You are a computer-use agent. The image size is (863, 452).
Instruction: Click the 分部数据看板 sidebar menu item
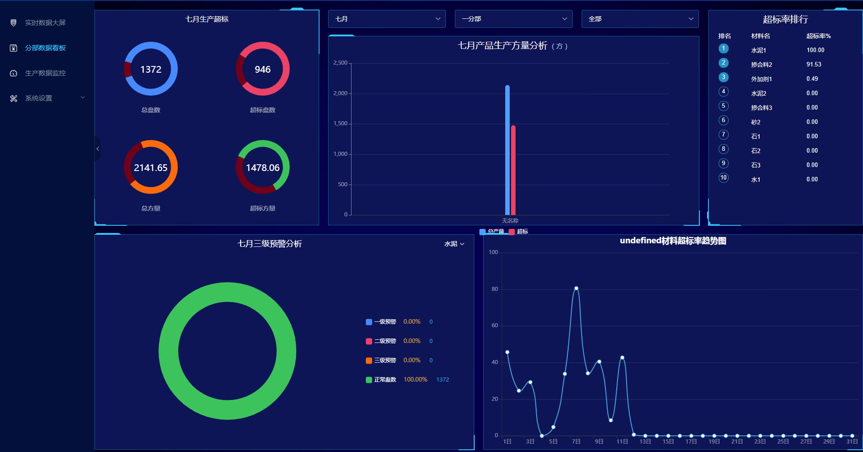pos(45,48)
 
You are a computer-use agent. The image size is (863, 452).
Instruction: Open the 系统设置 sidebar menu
pos(45,98)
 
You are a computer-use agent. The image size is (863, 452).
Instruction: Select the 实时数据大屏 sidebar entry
pos(45,23)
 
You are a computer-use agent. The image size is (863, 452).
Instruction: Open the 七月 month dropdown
pos(387,19)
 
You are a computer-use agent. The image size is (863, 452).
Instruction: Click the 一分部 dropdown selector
pos(513,19)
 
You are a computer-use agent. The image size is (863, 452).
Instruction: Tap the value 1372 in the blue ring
pos(151,70)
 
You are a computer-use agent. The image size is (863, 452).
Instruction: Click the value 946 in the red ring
pos(262,70)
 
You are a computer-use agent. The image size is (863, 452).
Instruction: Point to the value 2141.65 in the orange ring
pos(151,168)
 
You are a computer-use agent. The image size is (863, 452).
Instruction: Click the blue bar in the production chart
pos(507,150)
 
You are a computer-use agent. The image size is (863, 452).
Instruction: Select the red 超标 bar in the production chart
pos(513,171)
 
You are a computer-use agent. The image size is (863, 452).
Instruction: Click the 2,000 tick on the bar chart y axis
pos(340,93)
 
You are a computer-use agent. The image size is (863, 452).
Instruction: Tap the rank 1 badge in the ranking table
pos(723,48)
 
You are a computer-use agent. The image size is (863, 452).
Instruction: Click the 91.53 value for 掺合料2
pos(814,65)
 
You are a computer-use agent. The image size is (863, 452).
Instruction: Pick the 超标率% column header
pos(818,36)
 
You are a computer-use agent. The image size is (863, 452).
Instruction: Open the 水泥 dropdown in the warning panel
pos(454,244)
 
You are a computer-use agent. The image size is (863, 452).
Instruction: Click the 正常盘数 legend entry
pos(385,380)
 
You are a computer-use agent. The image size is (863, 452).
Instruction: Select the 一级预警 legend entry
pos(385,322)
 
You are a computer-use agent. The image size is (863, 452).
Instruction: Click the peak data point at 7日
pos(576,288)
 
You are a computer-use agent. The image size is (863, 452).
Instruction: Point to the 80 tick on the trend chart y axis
pos(494,289)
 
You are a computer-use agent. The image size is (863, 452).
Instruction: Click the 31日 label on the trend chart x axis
pos(852,442)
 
